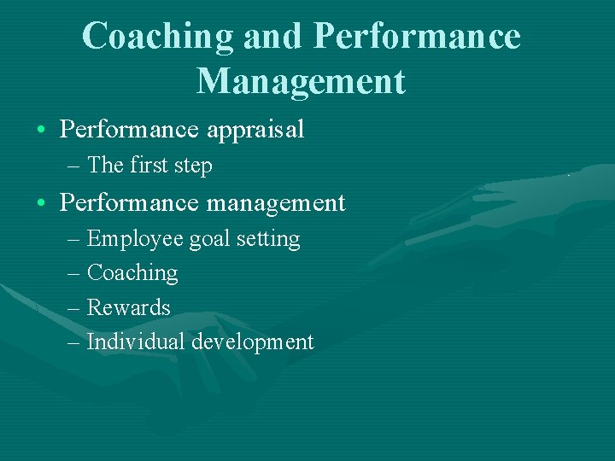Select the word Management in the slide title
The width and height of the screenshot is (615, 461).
301,80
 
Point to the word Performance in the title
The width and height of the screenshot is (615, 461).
416,37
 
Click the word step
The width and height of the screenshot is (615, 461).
193,166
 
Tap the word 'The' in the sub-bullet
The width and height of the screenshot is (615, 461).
106,165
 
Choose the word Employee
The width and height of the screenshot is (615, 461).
135,239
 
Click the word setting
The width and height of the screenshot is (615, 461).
268,240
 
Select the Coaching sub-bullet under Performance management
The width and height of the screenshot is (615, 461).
132,273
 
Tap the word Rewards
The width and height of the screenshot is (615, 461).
129,307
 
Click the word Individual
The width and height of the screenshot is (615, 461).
136,341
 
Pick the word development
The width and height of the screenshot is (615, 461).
252,342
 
